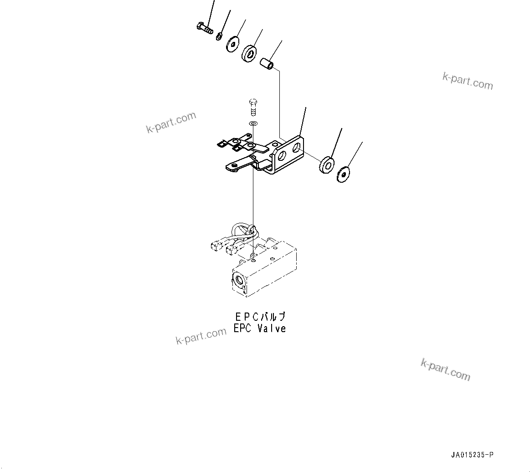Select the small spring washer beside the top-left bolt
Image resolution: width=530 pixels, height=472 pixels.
pyautogui.click(x=220, y=36)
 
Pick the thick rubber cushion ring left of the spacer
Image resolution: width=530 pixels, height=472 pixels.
pyautogui.click(x=249, y=53)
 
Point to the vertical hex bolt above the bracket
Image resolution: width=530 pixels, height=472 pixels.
pyautogui.click(x=253, y=107)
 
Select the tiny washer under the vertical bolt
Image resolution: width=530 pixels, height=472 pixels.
pyautogui.click(x=253, y=123)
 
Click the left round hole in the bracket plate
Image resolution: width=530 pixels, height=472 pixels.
pyautogui.click(x=282, y=156)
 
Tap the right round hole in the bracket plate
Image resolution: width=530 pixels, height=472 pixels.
pyautogui.click(x=296, y=147)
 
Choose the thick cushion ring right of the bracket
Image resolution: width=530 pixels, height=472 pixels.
pyautogui.click(x=327, y=164)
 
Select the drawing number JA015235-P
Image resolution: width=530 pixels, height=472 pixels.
pyautogui.click(x=472, y=455)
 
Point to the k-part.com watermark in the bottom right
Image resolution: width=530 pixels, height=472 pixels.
pyautogui.click(x=445, y=369)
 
